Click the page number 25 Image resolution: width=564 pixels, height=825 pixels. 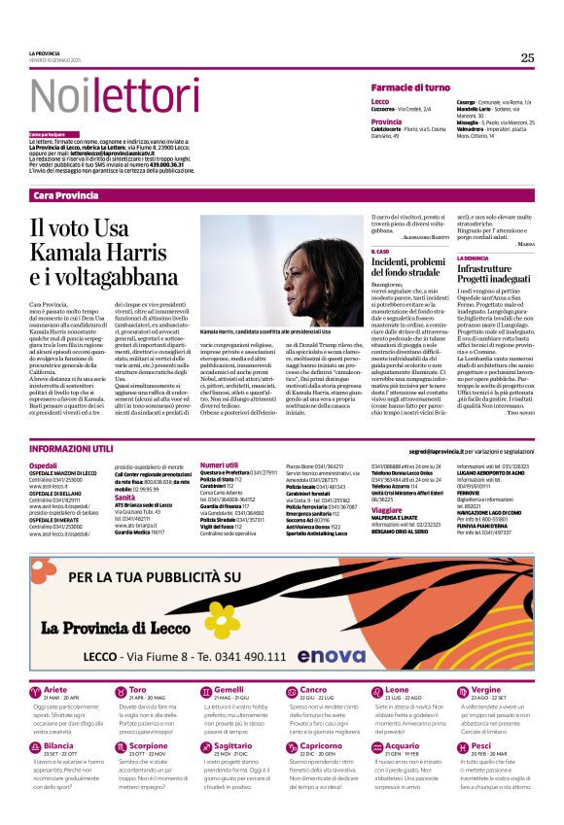[527, 58]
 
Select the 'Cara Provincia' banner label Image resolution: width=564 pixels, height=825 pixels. [66, 195]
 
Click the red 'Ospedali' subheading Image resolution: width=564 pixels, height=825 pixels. [44, 466]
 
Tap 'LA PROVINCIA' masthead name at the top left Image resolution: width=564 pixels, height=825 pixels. [45, 53]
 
